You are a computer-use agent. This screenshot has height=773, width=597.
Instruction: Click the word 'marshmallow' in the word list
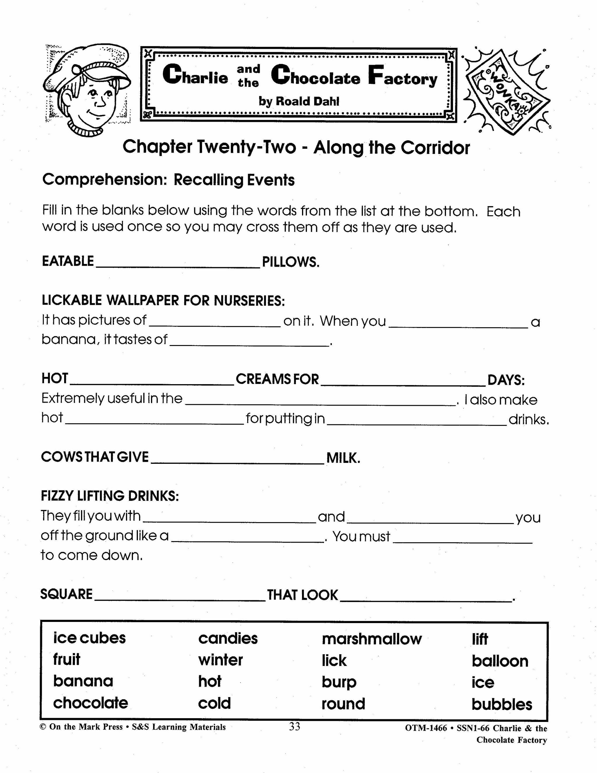(371, 639)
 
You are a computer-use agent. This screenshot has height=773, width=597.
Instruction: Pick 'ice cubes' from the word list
(89, 638)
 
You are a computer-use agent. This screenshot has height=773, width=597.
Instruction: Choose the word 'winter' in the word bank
(220, 660)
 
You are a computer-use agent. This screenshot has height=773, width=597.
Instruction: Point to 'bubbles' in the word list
(501, 704)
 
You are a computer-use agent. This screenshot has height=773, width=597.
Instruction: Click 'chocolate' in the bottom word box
(91, 703)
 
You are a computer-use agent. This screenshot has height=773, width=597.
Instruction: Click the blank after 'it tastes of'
(249, 342)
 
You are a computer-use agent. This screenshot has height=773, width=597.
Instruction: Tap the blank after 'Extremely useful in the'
(320, 401)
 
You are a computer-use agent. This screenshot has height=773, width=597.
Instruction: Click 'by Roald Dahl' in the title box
(299, 102)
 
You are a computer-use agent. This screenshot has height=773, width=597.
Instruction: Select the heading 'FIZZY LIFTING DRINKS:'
(110, 496)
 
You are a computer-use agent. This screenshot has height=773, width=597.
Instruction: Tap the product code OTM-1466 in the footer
(426, 728)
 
